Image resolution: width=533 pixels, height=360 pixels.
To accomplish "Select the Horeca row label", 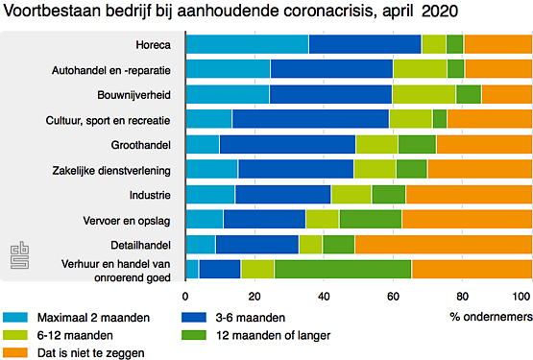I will point(154,44).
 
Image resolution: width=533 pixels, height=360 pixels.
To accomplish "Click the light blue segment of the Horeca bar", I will point(246,44).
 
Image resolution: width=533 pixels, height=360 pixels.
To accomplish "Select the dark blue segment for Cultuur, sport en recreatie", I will point(309,119).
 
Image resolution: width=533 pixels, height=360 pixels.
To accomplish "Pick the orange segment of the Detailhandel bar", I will point(443,244).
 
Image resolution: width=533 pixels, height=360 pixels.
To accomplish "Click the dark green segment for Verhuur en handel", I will point(342,269).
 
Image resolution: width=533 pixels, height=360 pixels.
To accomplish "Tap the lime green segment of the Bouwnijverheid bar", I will point(424,94).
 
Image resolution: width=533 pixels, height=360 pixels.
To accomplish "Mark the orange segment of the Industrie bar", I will point(469,194).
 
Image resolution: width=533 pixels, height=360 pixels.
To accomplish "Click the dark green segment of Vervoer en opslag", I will point(370,219).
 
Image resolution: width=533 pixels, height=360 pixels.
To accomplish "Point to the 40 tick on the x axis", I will point(324,296).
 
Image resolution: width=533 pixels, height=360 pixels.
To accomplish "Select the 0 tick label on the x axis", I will point(185,296).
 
